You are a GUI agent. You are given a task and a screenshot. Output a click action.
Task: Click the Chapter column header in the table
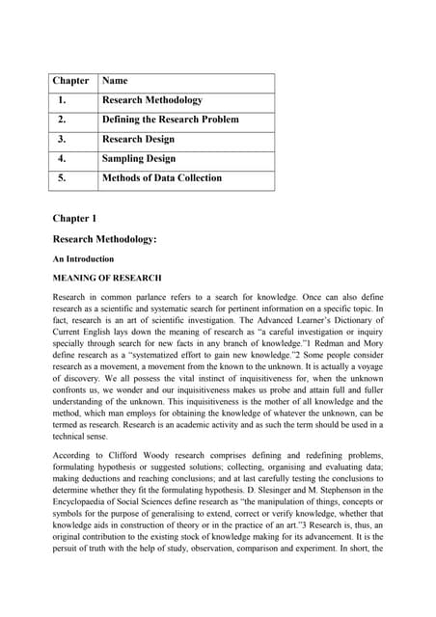pyautogui.click(x=70, y=81)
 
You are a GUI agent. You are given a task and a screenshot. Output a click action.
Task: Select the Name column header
pyautogui.click(x=115, y=81)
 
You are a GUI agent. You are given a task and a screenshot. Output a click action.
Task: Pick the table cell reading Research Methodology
pyautogui.click(x=152, y=100)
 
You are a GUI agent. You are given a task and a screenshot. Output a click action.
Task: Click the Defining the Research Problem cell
pyautogui.click(x=170, y=120)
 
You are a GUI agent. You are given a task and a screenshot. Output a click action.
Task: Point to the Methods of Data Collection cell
pyautogui.click(x=161, y=177)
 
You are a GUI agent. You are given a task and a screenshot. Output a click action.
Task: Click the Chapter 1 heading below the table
pyautogui.click(x=74, y=219)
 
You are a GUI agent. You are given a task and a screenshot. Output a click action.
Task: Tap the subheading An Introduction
pyautogui.click(x=83, y=258)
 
